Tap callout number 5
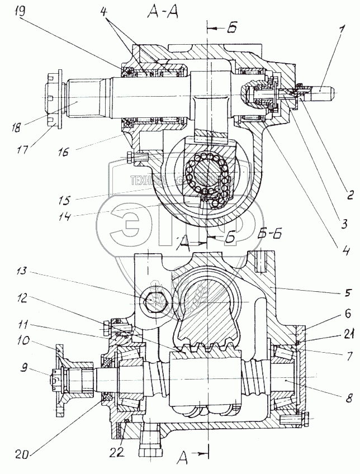[347, 291]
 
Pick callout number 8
[347, 399]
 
